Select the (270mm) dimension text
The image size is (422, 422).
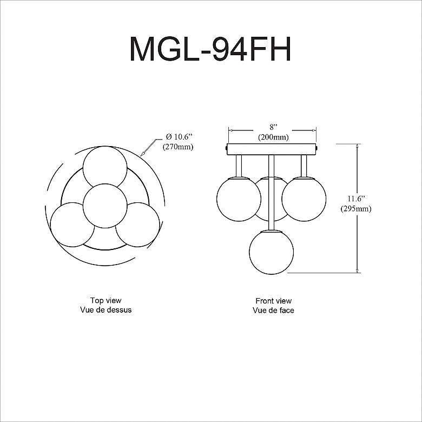pyautogui.click(x=178, y=147)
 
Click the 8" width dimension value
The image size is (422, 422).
pyautogui.click(x=272, y=127)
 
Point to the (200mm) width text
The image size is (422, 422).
pyautogui.click(x=272, y=137)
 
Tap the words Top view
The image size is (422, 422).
pyautogui.click(x=105, y=300)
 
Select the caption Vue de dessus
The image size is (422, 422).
pyautogui.click(x=105, y=310)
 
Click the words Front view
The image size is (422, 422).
pyautogui.click(x=273, y=300)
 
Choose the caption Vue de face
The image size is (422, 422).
pyautogui.click(x=273, y=310)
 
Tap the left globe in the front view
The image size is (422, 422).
pyautogui.click(x=239, y=199)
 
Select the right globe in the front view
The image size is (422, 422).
pyautogui.click(x=304, y=199)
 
